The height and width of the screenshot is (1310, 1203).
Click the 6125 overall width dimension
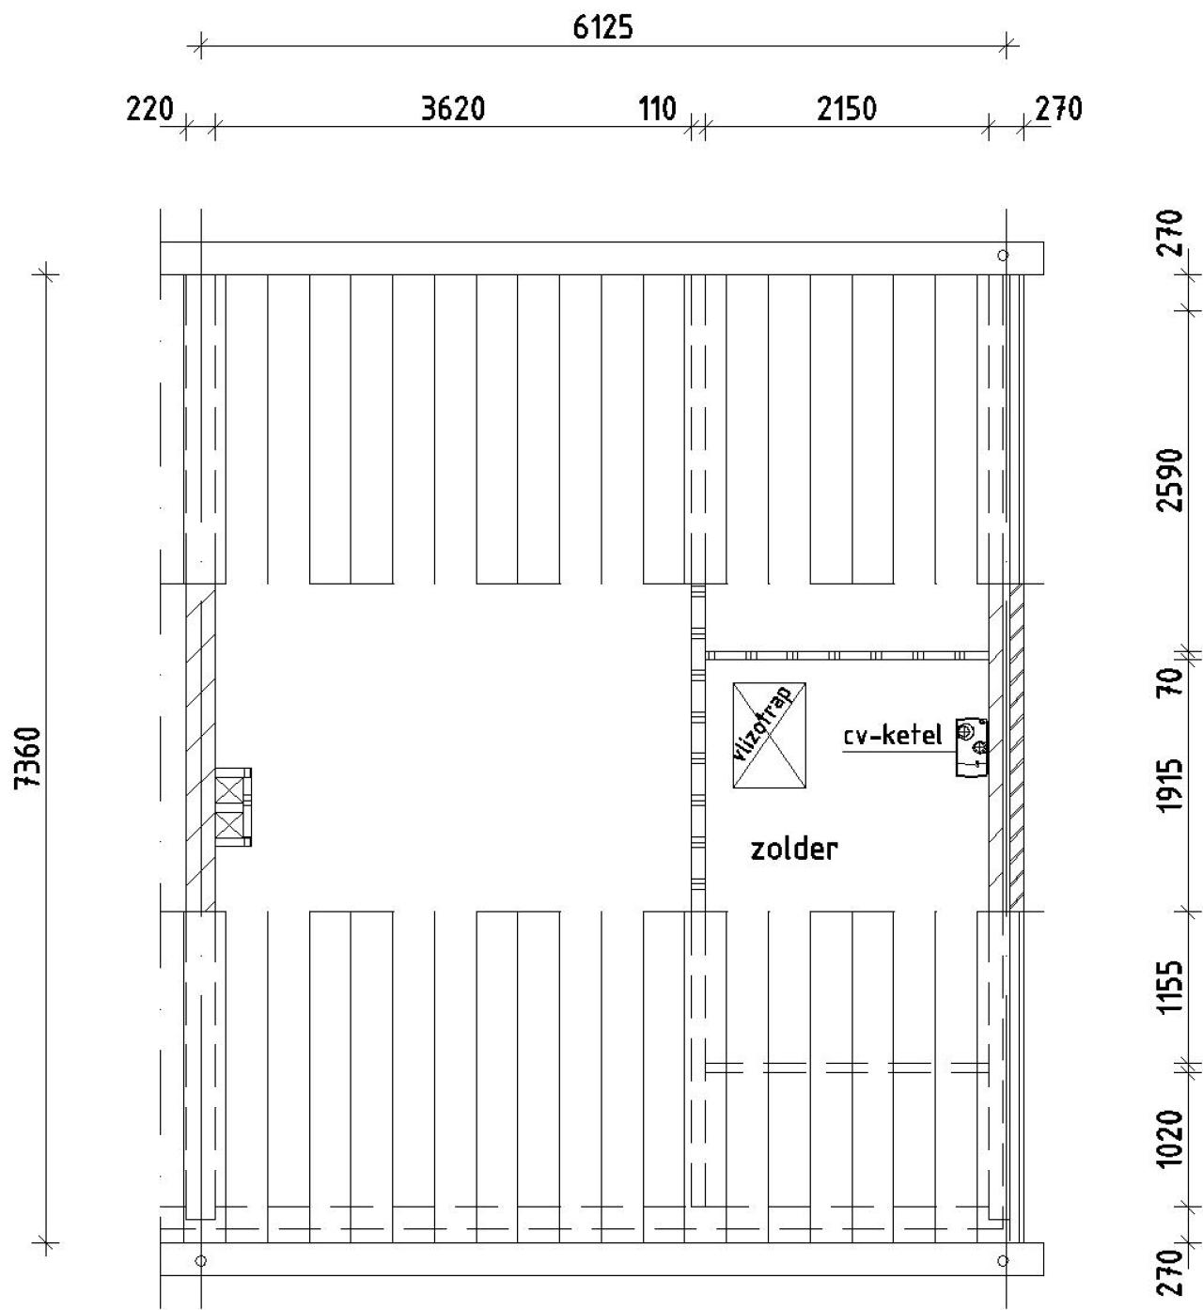click(x=602, y=27)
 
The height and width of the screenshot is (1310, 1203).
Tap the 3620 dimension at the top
click(x=453, y=109)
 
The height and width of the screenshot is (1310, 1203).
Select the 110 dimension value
click(x=658, y=109)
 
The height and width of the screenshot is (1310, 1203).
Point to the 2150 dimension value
click(x=846, y=109)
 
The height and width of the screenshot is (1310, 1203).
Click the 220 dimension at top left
click(x=150, y=109)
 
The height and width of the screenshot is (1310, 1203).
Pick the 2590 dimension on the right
click(x=1169, y=479)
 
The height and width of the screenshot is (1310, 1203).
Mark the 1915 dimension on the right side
click(x=1169, y=786)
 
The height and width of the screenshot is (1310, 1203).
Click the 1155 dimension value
click(x=1169, y=986)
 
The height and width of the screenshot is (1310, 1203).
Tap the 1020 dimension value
click(x=1169, y=1138)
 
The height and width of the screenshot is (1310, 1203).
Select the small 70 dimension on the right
click(x=1169, y=678)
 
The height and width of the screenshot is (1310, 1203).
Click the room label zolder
click(x=793, y=850)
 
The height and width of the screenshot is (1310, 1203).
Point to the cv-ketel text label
click(x=892, y=736)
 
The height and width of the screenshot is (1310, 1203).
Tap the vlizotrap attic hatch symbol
click(x=770, y=735)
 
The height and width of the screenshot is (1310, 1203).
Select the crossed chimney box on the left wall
click(x=233, y=807)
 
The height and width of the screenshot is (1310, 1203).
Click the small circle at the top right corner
click(x=1003, y=255)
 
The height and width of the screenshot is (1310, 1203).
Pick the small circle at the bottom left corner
click(x=200, y=1260)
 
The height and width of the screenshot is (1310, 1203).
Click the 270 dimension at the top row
click(x=1059, y=109)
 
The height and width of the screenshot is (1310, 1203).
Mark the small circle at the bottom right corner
click(x=1003, y=1260)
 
